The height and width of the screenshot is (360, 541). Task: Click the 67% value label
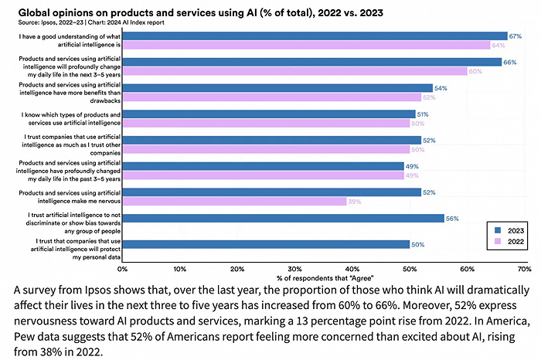[x=514, y=36]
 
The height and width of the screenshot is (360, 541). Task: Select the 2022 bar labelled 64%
[x=306, y=45]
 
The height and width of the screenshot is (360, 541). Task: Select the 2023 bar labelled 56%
[x=283, y=218]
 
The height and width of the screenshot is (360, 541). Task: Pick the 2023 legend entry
[x=507, y=230]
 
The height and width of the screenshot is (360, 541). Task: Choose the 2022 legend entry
[x=507, y=241]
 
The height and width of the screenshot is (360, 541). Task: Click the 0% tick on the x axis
[x=122, y=269]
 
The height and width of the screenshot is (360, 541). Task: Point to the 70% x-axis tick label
[x=523, y=269]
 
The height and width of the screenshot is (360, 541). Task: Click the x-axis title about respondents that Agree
[x=322, y=277]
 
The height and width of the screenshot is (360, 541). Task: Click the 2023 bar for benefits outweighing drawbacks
[x=277, y=88]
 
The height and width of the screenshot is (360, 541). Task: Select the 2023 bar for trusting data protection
[x=266, y=244]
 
